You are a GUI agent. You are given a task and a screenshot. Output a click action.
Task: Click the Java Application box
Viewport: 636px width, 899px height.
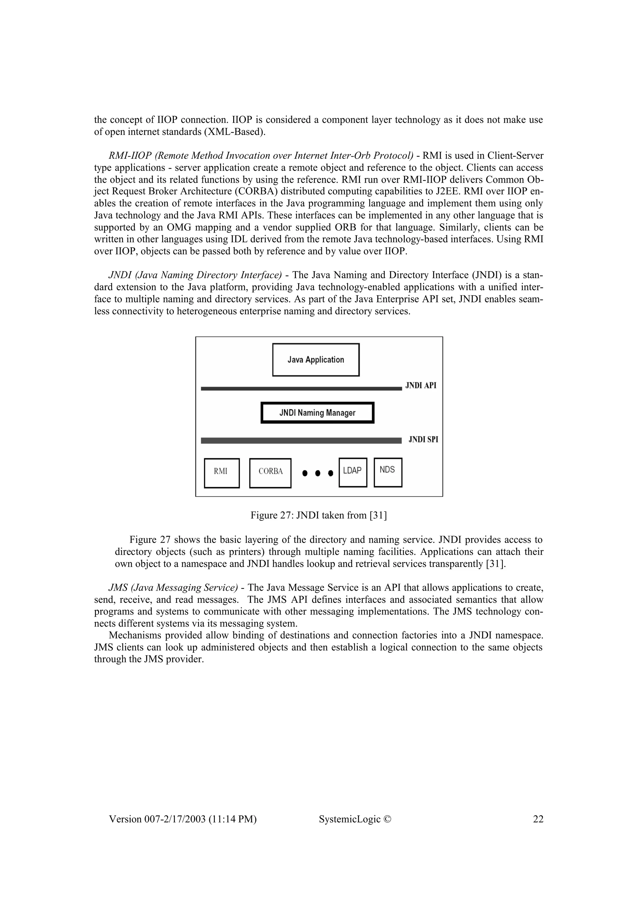click(316, 360)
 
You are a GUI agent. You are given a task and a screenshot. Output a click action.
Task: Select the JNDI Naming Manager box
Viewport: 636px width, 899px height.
click(317, 413)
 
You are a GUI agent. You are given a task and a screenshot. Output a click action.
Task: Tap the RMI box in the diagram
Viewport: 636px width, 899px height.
click(222, 473)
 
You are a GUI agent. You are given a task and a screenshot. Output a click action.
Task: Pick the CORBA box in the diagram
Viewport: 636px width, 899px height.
click(270, 473)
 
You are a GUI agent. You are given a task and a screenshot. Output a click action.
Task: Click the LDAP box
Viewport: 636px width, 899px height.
click(353, 472)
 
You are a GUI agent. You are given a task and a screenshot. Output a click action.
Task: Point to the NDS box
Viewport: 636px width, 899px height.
click(388, 472)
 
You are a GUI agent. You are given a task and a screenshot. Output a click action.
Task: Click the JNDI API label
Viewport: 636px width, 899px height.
click(420, 386)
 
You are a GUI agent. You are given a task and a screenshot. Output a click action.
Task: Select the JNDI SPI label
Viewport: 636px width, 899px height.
click(423, 440)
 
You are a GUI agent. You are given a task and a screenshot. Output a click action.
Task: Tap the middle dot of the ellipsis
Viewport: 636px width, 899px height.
click(318, 473)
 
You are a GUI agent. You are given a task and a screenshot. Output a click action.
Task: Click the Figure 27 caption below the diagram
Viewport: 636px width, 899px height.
click(319, 515)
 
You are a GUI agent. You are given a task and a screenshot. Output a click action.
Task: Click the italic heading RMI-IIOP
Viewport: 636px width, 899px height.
click(130, 156)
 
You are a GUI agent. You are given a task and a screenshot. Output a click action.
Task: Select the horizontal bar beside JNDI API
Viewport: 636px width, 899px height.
click(301, 389)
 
